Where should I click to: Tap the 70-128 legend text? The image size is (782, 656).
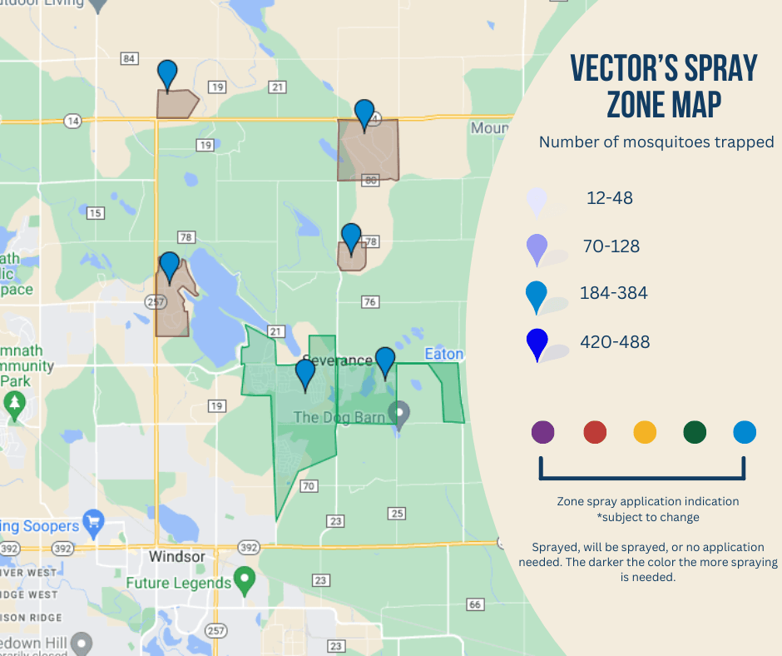tap(611, 246)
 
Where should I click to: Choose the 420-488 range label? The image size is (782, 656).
tap(615, 341)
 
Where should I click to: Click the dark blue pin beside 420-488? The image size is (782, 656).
tap(538, 343)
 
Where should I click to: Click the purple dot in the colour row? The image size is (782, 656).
tap(542, 432)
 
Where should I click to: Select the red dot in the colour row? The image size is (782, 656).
tap(595, 432)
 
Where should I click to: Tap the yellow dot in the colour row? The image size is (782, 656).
tap(645, 432)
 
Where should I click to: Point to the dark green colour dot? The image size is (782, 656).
tap(695, 432)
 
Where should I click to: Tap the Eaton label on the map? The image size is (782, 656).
tap(443, 354)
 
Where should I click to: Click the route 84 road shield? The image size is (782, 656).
tap(129, 58)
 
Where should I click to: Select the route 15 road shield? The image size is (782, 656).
tap(95, 213)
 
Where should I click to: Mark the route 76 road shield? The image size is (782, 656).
tap(370, 302)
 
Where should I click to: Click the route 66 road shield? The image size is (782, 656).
tap(475, 604)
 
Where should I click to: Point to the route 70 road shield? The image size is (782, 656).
tap(309, 486)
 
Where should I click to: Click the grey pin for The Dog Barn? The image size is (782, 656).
tap(400, 413)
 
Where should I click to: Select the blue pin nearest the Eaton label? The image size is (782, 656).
tap(385, 362)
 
